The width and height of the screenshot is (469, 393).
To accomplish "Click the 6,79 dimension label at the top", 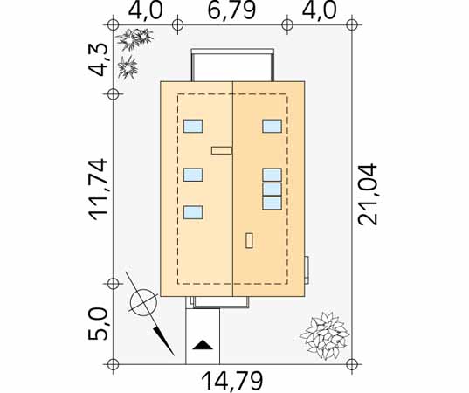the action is [x=231, y=10].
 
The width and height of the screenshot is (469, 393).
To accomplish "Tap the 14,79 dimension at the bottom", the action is [x=232, y=381].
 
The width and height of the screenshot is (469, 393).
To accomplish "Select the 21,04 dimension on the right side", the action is [x=368, y=195].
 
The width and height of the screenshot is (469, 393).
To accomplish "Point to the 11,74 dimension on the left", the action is [x=98, y=189].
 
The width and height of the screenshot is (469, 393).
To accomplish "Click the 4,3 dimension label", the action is [x=98, y=59].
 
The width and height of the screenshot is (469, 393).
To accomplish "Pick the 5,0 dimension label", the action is [x=98, y=325].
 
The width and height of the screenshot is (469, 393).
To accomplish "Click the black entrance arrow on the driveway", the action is [x=203, y=345].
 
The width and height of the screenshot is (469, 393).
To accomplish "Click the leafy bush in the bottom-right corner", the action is [x=325, y=334].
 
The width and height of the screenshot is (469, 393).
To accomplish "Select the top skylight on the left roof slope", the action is [x=193, y=126].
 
